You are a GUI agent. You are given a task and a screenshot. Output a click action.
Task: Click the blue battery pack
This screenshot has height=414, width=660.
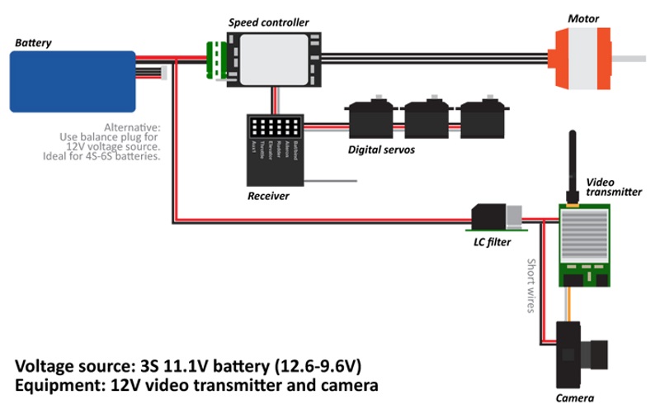[x=72, y=81]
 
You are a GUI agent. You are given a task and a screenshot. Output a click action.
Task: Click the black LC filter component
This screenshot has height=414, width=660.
[x=488, y=216]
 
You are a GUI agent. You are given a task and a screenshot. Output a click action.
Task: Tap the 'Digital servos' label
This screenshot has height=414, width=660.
[x=381, y=150]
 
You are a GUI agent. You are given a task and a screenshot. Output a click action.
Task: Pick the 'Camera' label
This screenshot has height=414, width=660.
[x=574, y=399]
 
